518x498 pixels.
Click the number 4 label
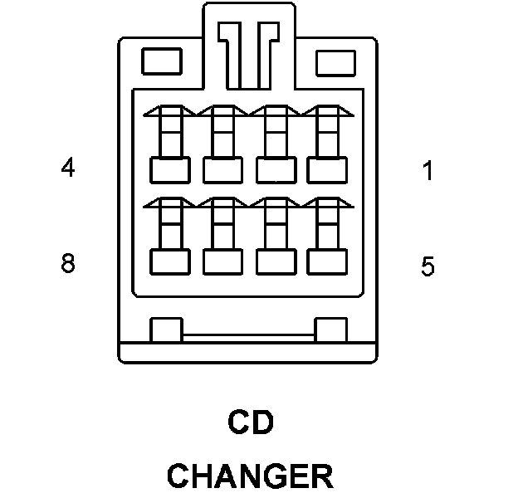point(68,168)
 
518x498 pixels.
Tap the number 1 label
point(428,172)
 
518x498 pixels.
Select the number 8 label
point(68,264)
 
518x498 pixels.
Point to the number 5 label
point(428,267)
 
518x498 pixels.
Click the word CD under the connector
point(251,423)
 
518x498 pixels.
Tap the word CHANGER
point(250,476)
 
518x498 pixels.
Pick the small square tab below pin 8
point(165,330)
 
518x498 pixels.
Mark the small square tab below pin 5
point(330,330)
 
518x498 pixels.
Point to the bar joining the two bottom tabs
point(248,336)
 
